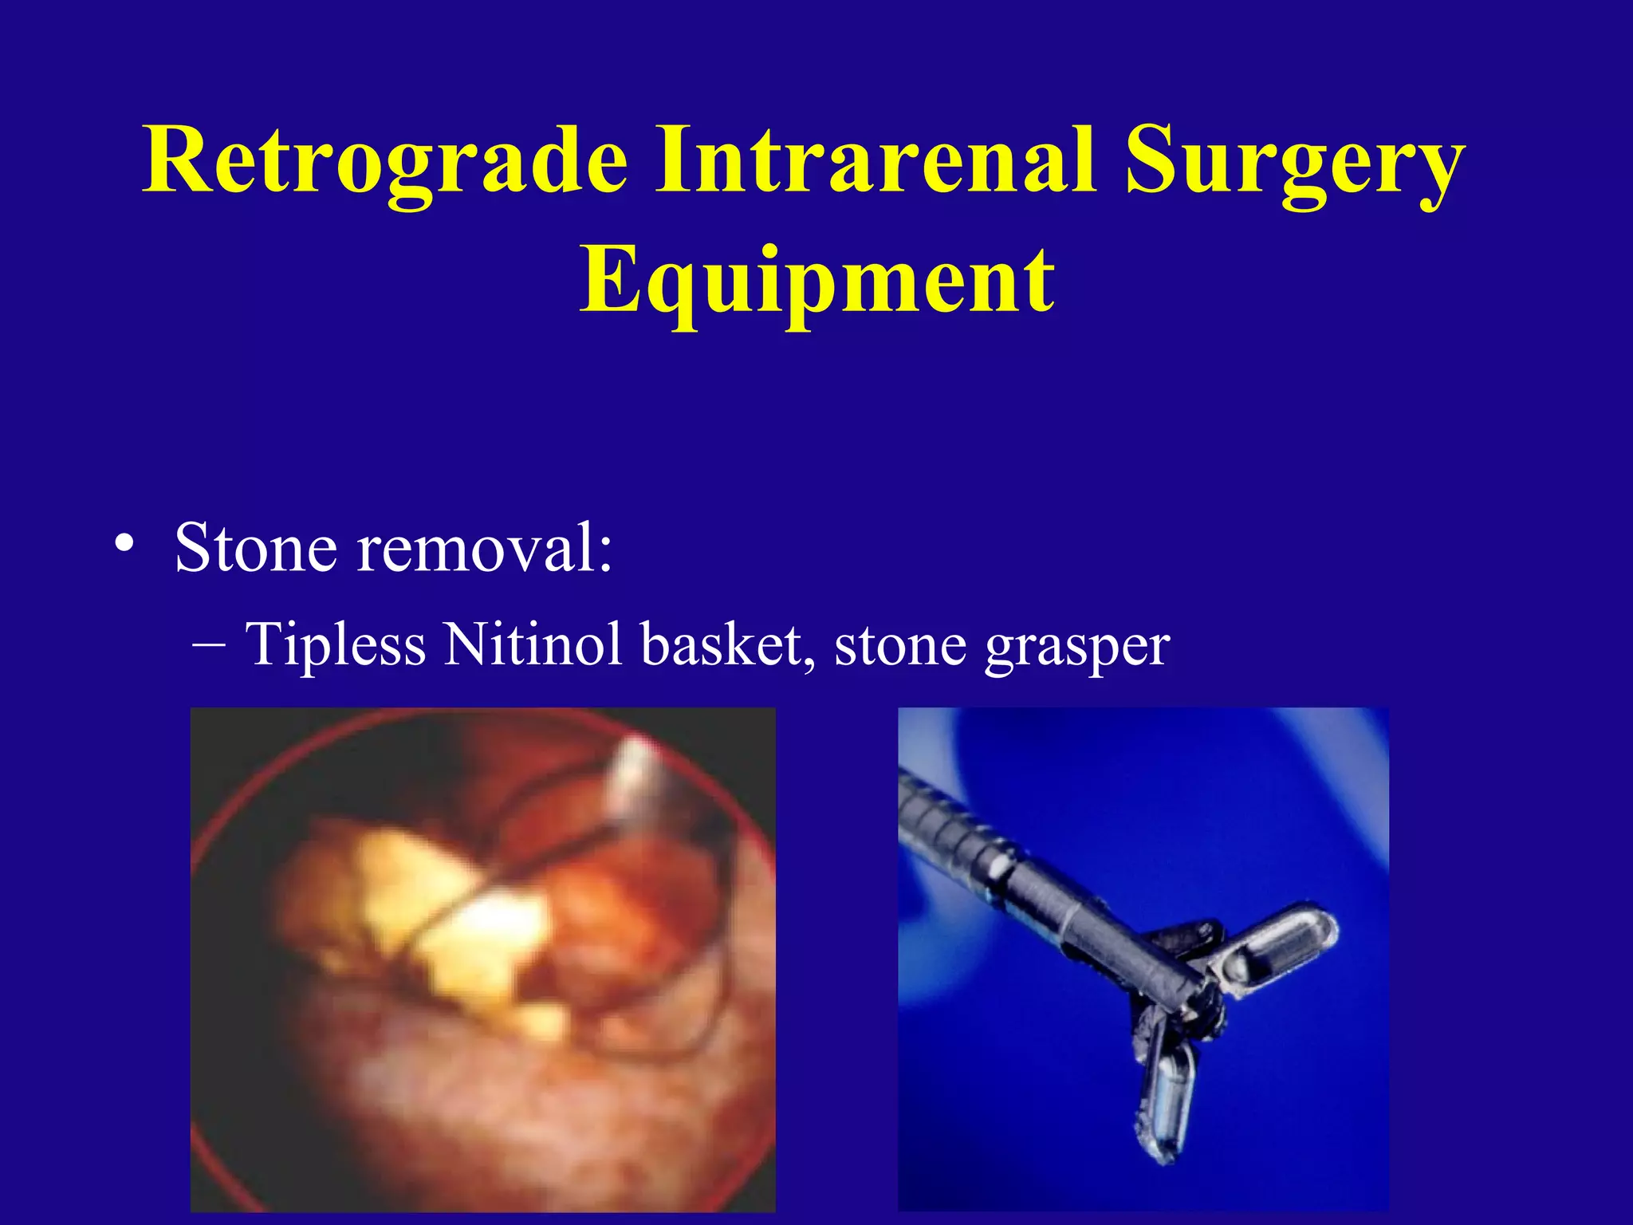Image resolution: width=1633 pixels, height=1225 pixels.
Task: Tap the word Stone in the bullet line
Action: [255, 548]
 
